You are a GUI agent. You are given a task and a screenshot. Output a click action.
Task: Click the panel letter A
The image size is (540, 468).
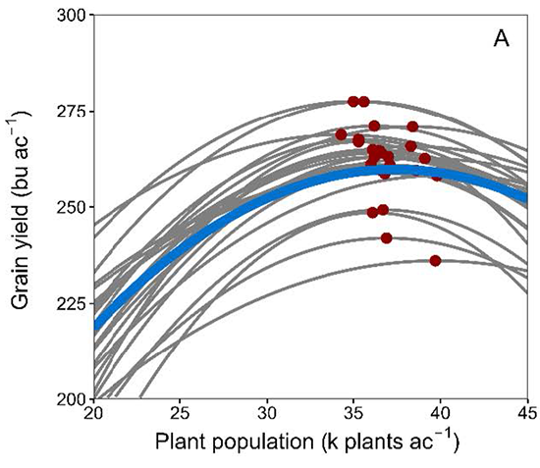pos(501,40)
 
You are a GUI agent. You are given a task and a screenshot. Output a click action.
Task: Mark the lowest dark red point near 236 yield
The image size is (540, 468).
pos(435,260)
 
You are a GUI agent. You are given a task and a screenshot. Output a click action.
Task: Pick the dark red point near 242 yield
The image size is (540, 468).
pos(387,237)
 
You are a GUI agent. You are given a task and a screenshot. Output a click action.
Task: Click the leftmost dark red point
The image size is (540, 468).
pos(341,134)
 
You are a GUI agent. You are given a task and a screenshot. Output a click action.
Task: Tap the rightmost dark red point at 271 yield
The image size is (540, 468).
pos(412,127)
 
